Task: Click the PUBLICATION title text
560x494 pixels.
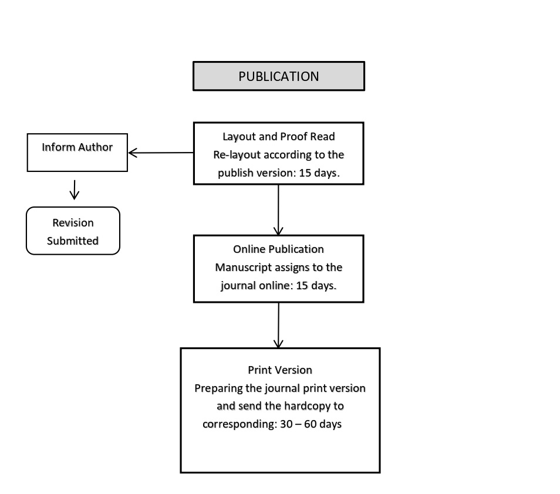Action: (279, 76)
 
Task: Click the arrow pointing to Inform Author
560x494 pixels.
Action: (161, 153)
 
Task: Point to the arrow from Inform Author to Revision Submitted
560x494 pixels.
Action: (75, 190)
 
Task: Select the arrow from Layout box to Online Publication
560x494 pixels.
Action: (278, 210)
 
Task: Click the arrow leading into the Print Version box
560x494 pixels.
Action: (278, 325)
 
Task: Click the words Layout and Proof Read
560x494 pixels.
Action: (279, 136)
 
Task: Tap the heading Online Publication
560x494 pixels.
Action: (279, 249)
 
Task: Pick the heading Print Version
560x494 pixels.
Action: (280, 370)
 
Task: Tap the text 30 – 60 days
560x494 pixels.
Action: (311, 424)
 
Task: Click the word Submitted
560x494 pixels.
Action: (73, 241)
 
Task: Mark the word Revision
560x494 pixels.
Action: (73, 223)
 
